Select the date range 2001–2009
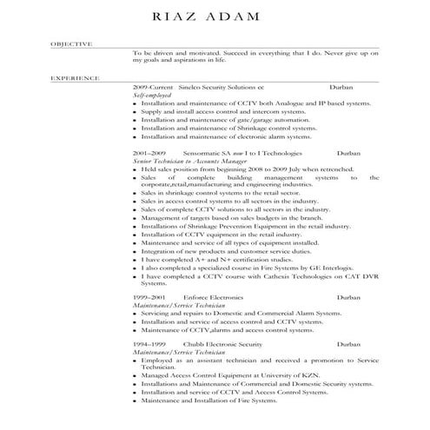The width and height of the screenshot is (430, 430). click(x=149, y=152)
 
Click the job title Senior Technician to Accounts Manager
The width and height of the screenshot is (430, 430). click(x=185, y=161)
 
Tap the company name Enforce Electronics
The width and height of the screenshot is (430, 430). click(x=214, y=297)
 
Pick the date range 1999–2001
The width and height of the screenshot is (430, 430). click(x=149, y=297)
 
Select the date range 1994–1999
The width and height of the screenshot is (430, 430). click(x=149, y=345)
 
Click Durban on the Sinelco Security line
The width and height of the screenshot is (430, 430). click(x=342, y=89)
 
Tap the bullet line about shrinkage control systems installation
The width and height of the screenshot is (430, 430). click(x=228, y=128)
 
